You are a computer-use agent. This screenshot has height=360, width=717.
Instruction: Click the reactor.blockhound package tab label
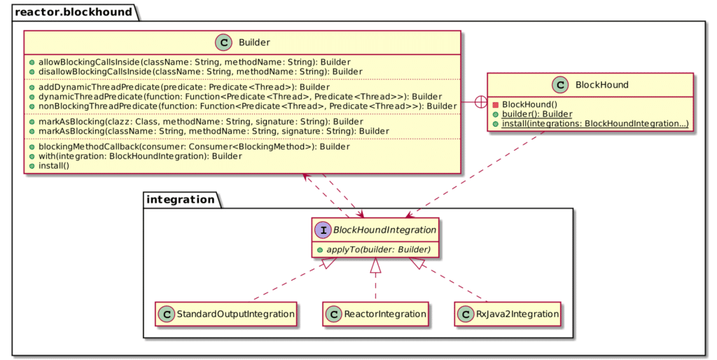73,12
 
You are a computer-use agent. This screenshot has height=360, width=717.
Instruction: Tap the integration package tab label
180,200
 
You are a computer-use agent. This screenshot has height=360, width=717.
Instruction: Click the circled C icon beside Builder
223,43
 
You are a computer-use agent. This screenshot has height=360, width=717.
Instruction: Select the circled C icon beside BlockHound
560,85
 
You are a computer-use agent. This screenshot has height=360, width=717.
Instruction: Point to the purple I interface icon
323,230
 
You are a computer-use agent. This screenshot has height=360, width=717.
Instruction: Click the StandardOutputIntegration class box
226,314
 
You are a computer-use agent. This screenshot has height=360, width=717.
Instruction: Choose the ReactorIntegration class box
375,314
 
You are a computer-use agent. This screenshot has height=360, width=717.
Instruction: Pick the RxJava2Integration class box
508,314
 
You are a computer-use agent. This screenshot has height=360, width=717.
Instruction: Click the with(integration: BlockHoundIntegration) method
140,156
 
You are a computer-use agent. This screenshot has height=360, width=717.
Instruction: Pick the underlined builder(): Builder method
537,114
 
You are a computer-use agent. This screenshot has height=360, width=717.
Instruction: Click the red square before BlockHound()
495,105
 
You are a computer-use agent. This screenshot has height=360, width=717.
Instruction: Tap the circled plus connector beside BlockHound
481,102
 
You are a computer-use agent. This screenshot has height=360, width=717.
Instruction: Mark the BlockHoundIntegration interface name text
384,230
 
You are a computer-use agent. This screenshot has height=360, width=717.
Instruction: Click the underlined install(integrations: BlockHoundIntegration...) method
595,124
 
